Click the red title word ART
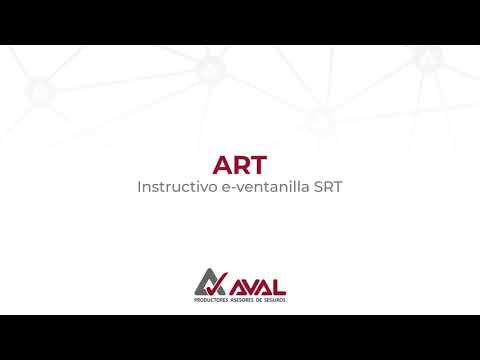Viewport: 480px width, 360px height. (x=240, y=164)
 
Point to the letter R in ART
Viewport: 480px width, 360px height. (x=240, y=164)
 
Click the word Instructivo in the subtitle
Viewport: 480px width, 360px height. (x=174, y=187)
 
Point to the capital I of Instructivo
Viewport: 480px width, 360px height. (x=139, y=187)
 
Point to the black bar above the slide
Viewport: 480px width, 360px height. (x=240, y=22)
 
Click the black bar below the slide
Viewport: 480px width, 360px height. (x=240, y=337)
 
